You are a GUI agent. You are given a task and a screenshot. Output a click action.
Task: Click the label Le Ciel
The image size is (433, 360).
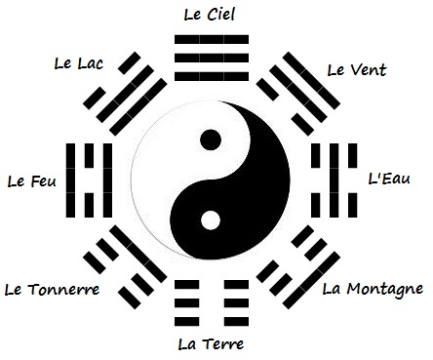[210, 14]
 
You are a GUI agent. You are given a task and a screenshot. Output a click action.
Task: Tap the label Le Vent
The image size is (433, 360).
[357, 69]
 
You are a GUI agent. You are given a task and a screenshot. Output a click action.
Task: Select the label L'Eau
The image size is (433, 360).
[387, 180]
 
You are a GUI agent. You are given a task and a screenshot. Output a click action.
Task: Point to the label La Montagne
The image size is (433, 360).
[372, 288]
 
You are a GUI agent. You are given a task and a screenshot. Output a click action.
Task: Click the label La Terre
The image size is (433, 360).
[211, 343]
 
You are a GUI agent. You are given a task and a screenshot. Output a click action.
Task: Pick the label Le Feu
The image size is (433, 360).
[29, 180]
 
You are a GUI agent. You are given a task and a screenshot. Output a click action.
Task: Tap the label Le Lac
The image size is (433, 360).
[81, 64]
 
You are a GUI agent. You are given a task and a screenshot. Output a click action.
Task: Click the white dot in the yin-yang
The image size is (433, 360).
[209, 220]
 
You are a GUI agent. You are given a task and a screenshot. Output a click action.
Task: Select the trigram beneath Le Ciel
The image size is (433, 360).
[210, 49]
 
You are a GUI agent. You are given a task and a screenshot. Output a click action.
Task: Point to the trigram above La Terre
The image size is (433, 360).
[210, 305]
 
